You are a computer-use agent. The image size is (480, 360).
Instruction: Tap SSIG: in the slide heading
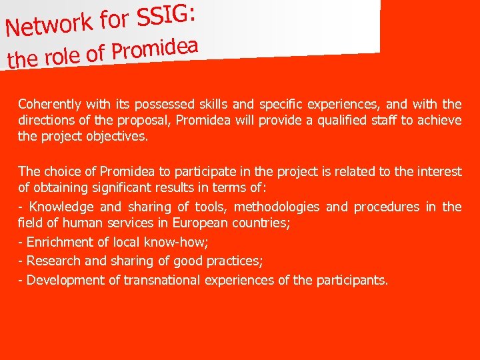pyautogui.click(x=166, y=14)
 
